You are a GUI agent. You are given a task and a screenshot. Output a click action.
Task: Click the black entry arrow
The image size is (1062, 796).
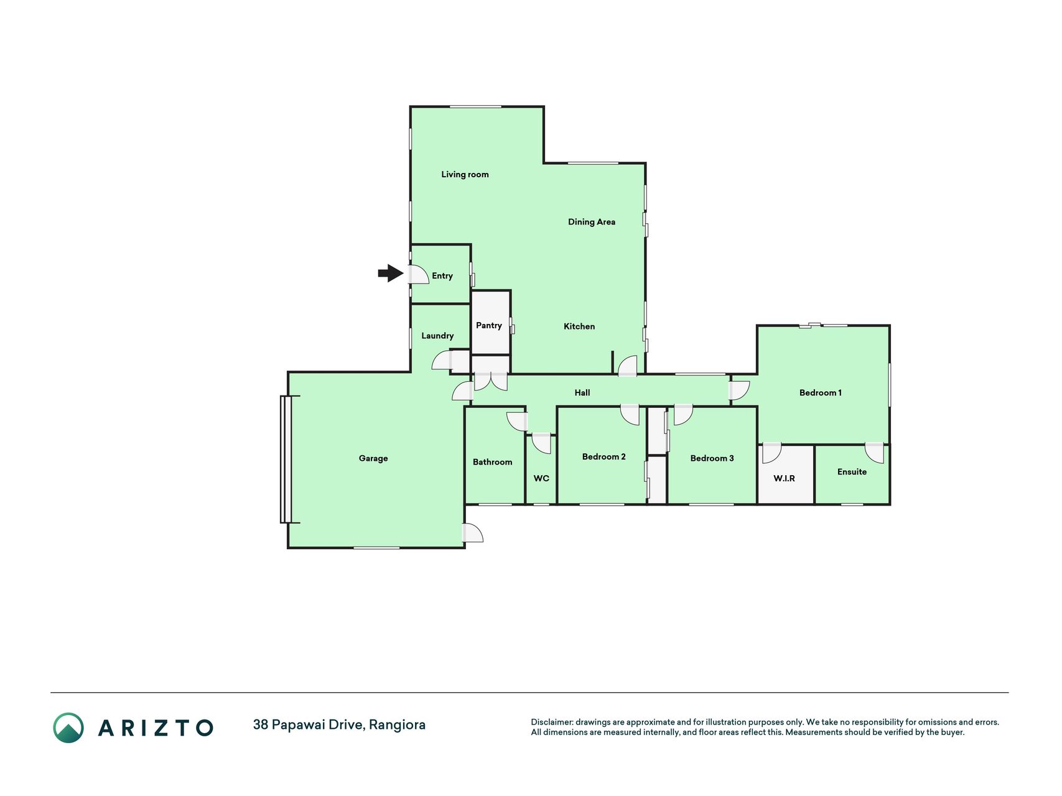pyautogui.click(x=391, y=273)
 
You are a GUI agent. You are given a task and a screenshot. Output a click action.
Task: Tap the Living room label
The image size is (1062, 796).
pyautogui.click(x=465, y=175)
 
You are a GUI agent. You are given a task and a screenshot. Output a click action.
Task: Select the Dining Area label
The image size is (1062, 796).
pyautogui.click(x=592, y=222)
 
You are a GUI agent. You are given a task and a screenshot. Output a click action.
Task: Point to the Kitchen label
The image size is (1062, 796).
pyautogui.click(x=579, y=326)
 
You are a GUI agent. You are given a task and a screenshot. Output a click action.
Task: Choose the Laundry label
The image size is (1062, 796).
pyautogui.click(x=437, y=336)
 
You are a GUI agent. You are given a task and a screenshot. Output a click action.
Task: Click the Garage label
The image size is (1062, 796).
pyautogui.click(x=373, y=458)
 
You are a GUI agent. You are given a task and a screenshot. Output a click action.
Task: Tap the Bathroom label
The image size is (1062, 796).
pyautogui.click(x=493, y=462)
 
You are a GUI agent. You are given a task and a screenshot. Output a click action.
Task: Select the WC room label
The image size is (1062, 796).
pyautogui.click(x=541, y=478)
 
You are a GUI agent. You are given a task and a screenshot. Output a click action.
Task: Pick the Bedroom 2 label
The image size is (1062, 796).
pyautogui.click(x=604, y=456)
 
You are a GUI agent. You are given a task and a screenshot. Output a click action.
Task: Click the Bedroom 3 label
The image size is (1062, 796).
pyautogui.click(x=712, y=458)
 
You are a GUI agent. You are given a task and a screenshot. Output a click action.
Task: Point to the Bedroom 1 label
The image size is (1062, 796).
pyautogui.click(x=821, y=392)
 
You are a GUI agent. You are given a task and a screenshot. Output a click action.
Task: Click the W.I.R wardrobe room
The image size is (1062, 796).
pyautogui.click(x=786, y=474)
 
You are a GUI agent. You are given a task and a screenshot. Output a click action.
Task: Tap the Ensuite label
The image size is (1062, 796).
pyautogui.click(x=852, y=472)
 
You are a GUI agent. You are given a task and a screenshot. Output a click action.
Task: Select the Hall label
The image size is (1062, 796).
pyautogui.click(x=582, y=392)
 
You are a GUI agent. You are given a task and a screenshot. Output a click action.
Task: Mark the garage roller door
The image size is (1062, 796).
pyautogui.click(x=286, y=459)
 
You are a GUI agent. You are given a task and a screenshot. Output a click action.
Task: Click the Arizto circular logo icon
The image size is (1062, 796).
pyautogui.click(x=68, y=728)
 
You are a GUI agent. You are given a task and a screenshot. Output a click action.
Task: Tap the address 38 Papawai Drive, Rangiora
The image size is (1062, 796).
pyautogui.click(x=339, y=725)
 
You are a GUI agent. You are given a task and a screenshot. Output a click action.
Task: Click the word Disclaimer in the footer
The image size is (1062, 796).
pyautogui.click(x=551, y=722)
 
